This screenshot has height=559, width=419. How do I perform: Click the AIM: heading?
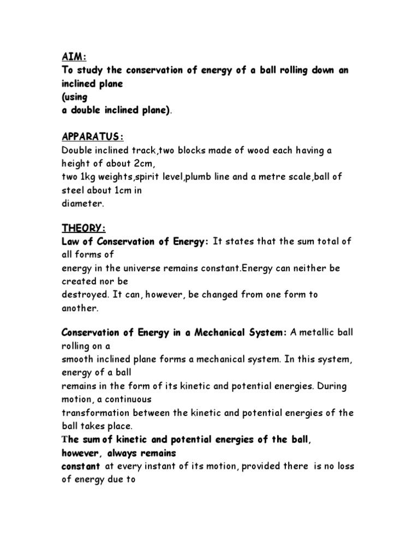[x=75, y=58]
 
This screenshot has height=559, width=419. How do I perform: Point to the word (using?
[x=75, y=97]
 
